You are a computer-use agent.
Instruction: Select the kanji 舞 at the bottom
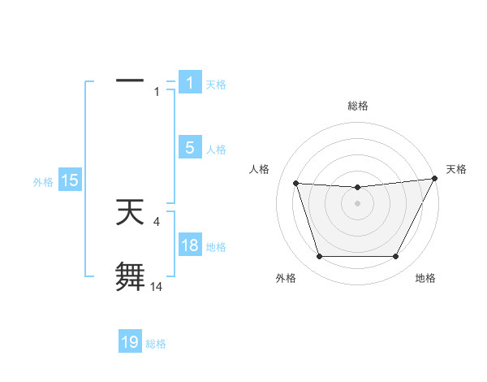point(130,276)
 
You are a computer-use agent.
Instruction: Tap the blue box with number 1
point(189,83)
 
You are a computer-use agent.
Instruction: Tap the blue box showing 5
point(189,148)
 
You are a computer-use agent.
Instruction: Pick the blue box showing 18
point(189,246)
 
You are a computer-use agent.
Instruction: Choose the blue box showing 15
point(69,181)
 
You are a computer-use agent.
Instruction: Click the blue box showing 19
point(130,343)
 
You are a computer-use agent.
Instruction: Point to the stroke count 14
point(157,286)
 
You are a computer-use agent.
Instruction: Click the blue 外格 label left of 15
point(43,182)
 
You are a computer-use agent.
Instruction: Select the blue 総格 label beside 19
point(156,344)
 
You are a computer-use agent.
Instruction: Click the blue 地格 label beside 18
point(216,247)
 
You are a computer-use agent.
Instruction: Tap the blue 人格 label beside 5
point(216,150)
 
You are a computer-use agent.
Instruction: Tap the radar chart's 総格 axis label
point(358,106)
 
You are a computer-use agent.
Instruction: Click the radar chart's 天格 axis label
point(457,169)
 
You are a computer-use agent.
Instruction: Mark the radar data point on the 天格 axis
point(435,179)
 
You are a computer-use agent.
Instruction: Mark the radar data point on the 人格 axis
point(296,184)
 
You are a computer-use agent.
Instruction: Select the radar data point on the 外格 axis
point(319,257)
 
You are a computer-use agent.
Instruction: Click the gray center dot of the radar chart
point(357,204)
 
